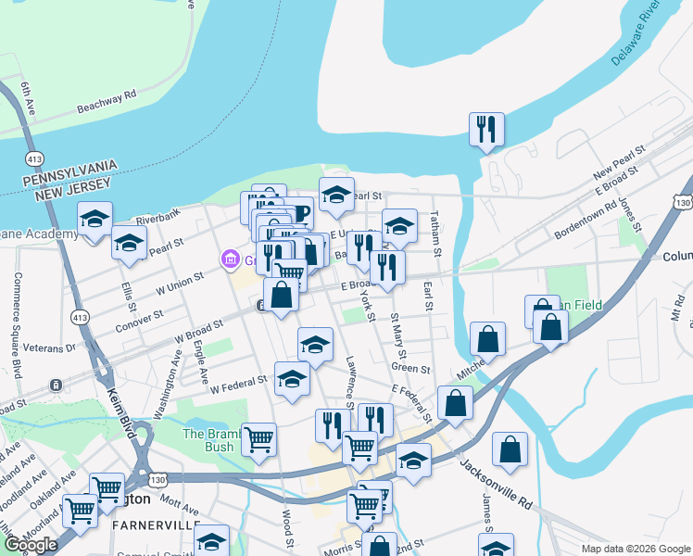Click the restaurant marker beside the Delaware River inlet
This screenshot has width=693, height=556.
[x=486, y=130]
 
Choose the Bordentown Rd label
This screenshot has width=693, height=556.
[x=585, y=221]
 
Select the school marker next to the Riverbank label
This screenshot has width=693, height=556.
[x=94, y=221]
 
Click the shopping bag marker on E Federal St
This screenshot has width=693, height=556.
[x=455, y=403]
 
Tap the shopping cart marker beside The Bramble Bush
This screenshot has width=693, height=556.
[x=258, y=439]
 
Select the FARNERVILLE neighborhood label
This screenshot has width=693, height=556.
[x=156, y=524]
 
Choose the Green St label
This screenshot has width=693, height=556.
[x=412, y=369]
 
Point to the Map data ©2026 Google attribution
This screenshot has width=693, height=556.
[x=636, y=548]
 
